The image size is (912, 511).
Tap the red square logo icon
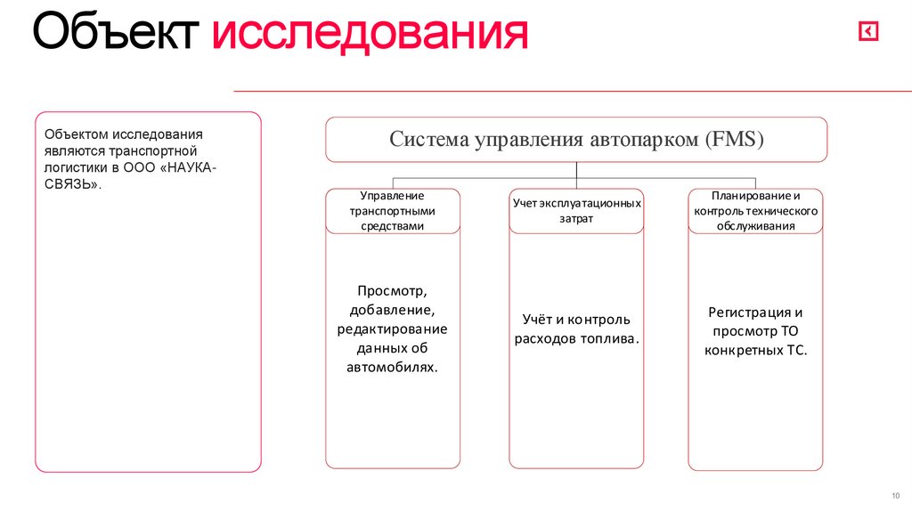click(x=868, y=32)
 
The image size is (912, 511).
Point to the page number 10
click(x=895, y=495)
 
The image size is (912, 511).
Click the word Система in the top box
click(x=428, y=140)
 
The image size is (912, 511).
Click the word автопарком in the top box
click(x=641, y=140)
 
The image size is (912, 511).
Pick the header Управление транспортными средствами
click(x=392, y=211)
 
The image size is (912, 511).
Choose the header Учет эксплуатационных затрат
click(x=576, y=211)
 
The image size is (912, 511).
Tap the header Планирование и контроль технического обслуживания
click(x=755, y=211)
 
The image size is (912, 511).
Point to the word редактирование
click(x=392, y=329)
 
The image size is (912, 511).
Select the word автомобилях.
click(x=392, y=367)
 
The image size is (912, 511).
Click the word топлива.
click(x=610, y=339)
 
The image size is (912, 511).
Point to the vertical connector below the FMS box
click(x=576, y=170)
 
